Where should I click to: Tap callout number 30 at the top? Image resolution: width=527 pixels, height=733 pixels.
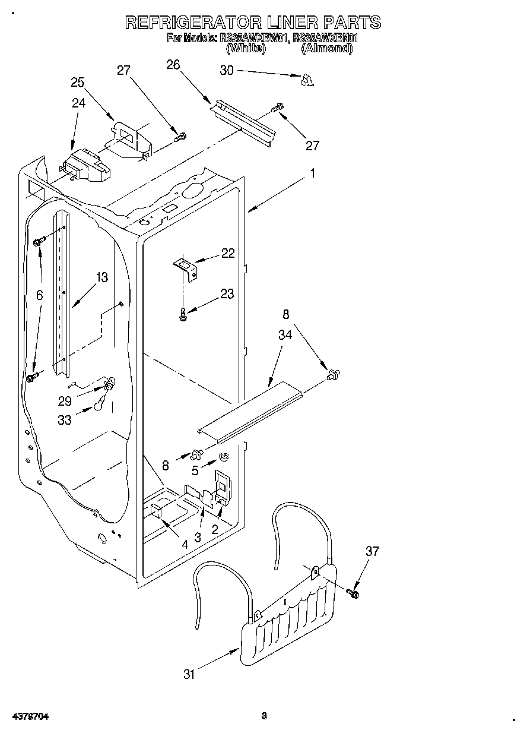pyautogui.click(x=227, y=70)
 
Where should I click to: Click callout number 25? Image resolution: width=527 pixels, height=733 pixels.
pyautogui.click(x=78, y=83)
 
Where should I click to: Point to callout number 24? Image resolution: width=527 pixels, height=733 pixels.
pyautogui.click(x=79, y=103)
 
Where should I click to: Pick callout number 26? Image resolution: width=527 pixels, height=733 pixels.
pyautogui.click(x=173, y=65)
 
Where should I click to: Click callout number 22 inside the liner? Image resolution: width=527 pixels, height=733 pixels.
pyautogui.click(x=227, y=253)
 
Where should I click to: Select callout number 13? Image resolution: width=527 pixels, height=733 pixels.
pyautogui.click(x=101, y=277)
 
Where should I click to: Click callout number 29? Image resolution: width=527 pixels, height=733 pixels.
pyautogui.click(x=65, y=401)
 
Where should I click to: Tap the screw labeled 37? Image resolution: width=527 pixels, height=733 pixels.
pyautogui.click(x=355, y=593)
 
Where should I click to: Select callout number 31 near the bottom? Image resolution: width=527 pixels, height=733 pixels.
pyautogui.click(x=189, y=674)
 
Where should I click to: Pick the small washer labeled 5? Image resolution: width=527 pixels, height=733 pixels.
pyautogui.click(x=226, y=457)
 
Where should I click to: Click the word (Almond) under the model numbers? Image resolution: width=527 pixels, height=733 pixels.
pyautogui.click(x=326, y=49)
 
